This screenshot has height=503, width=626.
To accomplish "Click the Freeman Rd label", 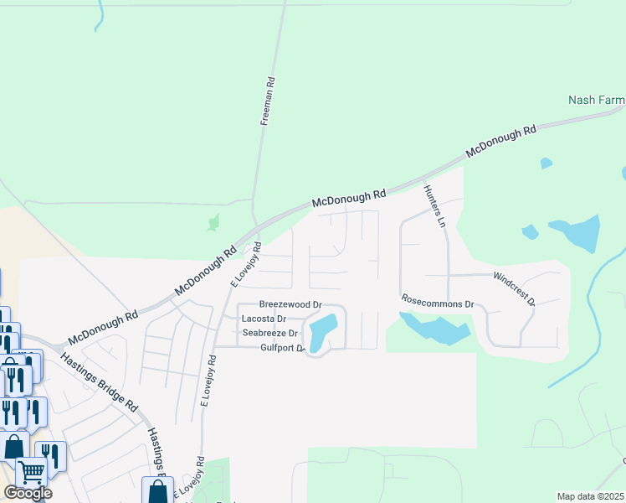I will click(x=268, y=102).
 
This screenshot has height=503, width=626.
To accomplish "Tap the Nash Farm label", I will click(x=596, y=100).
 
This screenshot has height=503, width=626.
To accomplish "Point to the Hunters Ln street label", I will click(x=435, y=207).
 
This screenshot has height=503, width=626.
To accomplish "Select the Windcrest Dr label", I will click(x=514, y=288).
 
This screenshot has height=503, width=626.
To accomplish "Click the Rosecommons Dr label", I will click(x=438, y=302).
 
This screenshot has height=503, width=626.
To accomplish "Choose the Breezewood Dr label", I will click(x=290, y=304).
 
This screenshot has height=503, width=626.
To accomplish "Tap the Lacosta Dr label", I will click(x=264, y=319).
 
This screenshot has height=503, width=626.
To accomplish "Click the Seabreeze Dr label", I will click(x=270, y=333).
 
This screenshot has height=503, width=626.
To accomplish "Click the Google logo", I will click(x=28, y=493).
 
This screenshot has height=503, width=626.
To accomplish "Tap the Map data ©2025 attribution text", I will click(x=590, y=496).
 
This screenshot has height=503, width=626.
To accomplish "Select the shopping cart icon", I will click(x=31, y=472).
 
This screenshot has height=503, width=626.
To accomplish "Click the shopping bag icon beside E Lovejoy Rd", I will click(x=157, y=491).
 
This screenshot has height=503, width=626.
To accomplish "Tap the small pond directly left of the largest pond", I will click(x=530, y=231).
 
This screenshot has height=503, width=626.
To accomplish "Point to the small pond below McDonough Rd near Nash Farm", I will click(x=546, y=163).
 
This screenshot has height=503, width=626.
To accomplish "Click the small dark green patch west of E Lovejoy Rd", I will click(x=213, y=222).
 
